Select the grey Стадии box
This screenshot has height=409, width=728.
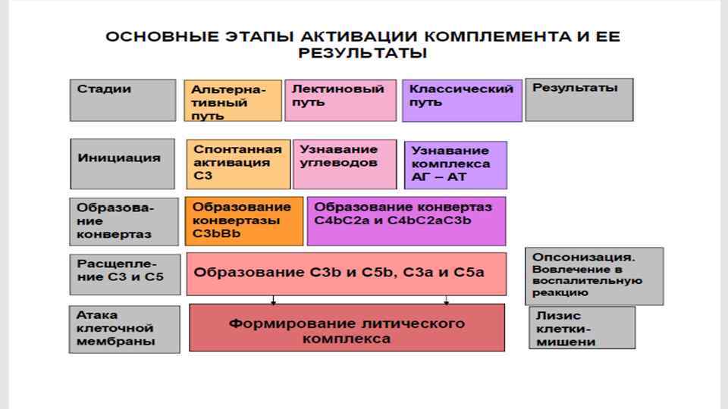pyautogui.click(x=123, y=99)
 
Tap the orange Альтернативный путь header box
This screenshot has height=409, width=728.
pyautogui.click(x=233, y=101)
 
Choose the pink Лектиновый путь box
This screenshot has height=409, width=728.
pyautogui.click(x=340, y=100)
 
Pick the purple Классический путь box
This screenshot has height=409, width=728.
pyautogui.click(x=462, y=100)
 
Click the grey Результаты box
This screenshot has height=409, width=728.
pyautogui.click(x=579, y=99)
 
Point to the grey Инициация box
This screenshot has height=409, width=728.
pyautogui.click(x=123, y=163)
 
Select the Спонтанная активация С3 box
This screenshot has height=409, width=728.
pyautogui.click(x=237, y=164)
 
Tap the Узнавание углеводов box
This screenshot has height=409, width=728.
pyautogui.click(x=345, y=164)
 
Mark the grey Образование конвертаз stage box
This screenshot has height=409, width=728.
pyautogui.click(x=124, y=220)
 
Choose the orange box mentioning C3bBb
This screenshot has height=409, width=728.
pyautogui.click(x=243, y=220)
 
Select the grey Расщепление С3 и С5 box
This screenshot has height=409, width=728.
pyautogui.click(x=124, y=273)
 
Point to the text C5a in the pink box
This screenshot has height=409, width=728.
pyautogui.click(x=469, y=272)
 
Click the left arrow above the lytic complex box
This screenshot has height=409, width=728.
pyautogui.click(x=274, y=300)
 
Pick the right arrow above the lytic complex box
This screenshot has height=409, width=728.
pyautogui.click(x=447, y=300)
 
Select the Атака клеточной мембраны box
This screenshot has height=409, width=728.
pyautogui.click(x=124, y=328)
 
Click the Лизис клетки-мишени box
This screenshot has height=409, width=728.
pyautogui.click(x=582, y=328)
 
